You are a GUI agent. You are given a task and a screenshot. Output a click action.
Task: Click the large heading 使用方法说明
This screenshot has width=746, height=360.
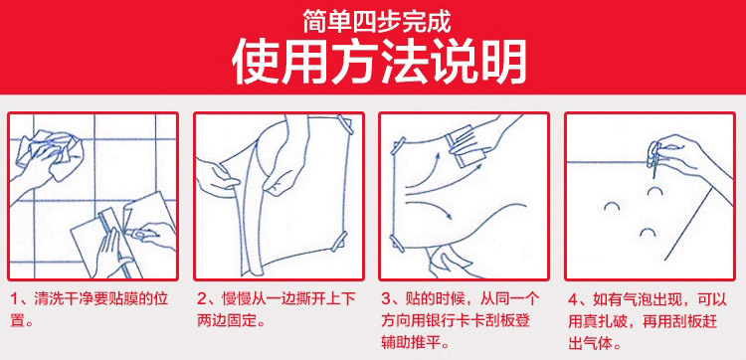[x=379, y=62]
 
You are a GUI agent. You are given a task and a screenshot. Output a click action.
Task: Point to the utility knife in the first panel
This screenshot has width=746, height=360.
[x=139, y=234]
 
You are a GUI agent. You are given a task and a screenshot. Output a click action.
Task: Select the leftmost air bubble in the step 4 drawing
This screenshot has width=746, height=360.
[x=612, y=206]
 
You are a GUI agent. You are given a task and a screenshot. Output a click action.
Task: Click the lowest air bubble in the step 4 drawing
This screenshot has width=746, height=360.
[x=648, y=233]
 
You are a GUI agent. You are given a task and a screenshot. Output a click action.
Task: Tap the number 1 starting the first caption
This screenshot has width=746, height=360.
[x=14, y=300]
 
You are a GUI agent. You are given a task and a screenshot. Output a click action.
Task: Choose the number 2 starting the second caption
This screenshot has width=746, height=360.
[x=202, y=300]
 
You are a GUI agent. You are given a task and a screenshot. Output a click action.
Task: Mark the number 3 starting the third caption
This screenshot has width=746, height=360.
[x=386, y=300]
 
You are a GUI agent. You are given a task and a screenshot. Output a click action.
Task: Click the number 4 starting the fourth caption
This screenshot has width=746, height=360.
[x=573, y=300]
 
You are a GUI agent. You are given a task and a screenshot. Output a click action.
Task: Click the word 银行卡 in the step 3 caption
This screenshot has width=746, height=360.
[x=443, y=321]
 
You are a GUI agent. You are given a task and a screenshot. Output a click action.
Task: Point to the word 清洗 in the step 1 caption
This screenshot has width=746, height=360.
[x=48, y=300]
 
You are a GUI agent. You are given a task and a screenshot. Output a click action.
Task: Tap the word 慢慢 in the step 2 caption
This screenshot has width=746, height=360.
[x=235, y=300]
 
